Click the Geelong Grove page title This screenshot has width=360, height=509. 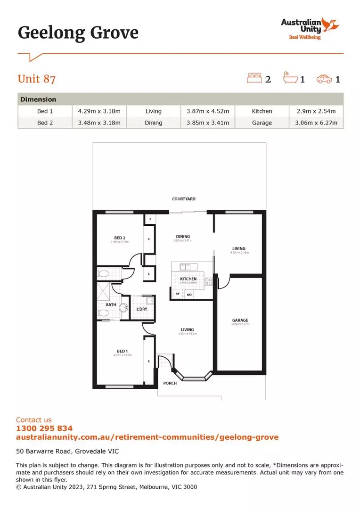point(78,33)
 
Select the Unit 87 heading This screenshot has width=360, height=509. point(37,78)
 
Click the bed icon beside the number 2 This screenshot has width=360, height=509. point(254,78)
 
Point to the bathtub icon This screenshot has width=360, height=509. point(289,78)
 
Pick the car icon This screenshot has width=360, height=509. point(324,79)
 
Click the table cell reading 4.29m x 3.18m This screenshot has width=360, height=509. point(99,111)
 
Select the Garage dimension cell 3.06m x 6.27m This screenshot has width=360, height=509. point(316,123)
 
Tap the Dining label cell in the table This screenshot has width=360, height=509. point(154,123)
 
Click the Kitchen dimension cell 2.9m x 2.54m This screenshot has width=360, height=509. point(316,111)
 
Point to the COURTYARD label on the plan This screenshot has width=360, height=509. point(184,199)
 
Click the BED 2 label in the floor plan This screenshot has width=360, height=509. point(120,238)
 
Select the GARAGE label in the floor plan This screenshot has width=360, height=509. point(240,320)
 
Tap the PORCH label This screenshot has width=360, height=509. point(170,383)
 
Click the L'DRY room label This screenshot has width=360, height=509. point(142,309)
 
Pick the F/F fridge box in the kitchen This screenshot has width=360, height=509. point(178,294)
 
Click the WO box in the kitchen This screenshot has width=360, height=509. point(189,295)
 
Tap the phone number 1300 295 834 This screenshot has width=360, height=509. point(44,428)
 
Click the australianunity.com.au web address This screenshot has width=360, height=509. point(147,437)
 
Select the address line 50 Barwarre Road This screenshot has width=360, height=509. point(67,451)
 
